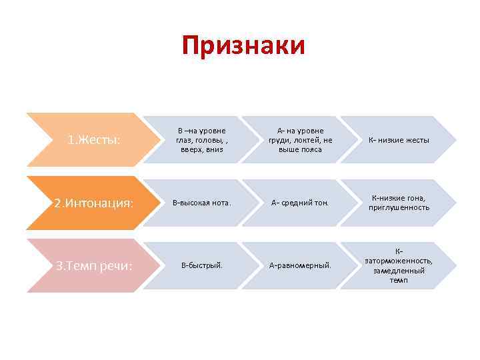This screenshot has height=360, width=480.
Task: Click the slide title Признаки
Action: point(243,46)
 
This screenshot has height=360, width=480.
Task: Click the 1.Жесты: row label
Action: point(94,141)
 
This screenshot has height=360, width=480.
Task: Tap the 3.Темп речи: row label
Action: point(94,266)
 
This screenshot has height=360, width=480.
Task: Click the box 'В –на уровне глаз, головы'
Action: point(201,140)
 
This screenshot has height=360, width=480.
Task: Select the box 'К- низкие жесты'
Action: point(399,141)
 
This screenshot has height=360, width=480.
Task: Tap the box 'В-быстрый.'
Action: point(201,266)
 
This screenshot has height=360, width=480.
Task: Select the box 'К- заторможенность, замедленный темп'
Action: point(399,265)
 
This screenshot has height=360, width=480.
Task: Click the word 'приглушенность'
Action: point(399,207)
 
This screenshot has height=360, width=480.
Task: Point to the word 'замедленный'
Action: point(399,271)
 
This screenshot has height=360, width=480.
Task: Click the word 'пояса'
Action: point(311,149)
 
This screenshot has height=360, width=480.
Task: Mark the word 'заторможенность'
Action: point(399,261)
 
